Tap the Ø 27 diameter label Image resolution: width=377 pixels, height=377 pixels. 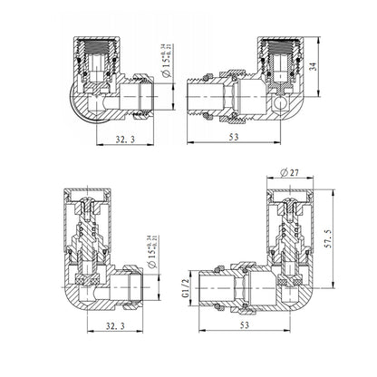291,173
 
